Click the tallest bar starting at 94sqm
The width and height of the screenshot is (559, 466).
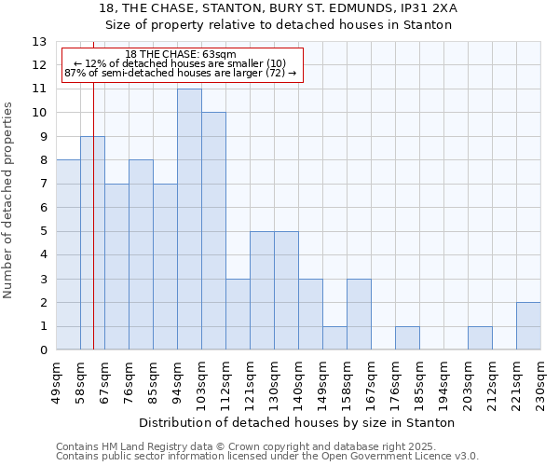tap(189, 219)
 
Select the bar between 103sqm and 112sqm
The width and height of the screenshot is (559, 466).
tap(213, 231)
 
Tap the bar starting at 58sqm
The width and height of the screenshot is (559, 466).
tap(92, 243)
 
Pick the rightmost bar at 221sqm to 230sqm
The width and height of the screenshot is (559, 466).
tap(528, 326)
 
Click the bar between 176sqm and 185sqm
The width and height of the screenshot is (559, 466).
tap(407, 338)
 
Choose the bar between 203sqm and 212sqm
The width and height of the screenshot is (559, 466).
tap(480, 338)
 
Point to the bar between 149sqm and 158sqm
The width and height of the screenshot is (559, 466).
tap(334, 338)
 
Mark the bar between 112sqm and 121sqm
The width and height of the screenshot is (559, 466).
tap(238, 314)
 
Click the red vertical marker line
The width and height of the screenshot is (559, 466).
tap(94, 233)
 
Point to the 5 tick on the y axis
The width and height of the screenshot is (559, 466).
tap(42, 231)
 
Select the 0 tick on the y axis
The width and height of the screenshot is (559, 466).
tap(42, 350)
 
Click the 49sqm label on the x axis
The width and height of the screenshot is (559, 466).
tap(56, 378)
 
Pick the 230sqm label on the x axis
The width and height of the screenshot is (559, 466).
tap(540, 381)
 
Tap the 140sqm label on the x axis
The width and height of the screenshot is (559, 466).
tap(298, 381)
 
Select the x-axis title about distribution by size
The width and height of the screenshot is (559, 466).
tap(298, 422)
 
